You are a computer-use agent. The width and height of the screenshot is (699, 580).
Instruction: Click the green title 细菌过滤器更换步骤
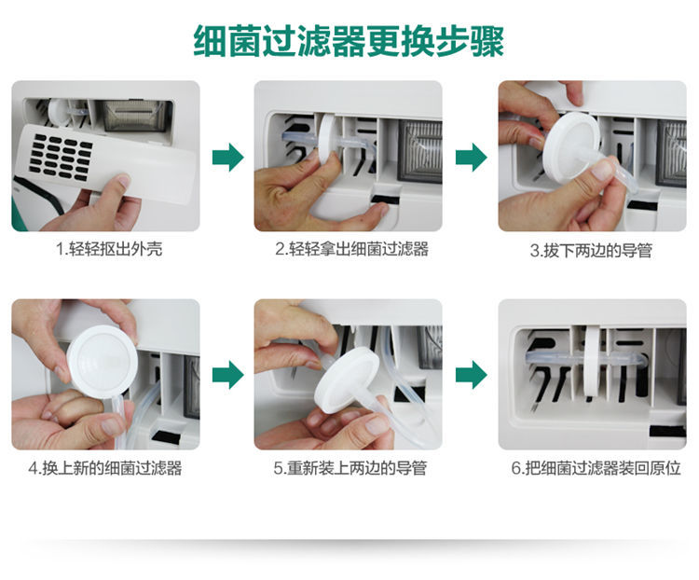coord(349,41)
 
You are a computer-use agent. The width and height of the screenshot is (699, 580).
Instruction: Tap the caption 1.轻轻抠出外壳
coord(109,249)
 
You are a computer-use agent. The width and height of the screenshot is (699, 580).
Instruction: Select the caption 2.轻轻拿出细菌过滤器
coord(351,249)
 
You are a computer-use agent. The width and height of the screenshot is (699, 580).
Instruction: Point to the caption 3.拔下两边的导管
coord(591,250)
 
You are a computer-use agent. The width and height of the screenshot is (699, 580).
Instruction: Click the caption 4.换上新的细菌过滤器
coord(105,468)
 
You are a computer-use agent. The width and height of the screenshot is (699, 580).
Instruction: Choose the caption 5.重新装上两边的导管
coord(350,468)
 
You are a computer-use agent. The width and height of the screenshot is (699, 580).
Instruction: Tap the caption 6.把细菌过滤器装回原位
coord(596,468)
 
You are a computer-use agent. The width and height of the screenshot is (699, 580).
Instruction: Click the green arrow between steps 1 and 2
coord(227,157)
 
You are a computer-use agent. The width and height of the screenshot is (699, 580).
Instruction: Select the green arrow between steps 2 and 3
coord(472,157)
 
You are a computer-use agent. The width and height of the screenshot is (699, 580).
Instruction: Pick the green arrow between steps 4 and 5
coord(227,375)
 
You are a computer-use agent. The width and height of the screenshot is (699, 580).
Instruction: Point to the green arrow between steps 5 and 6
coord(472,375)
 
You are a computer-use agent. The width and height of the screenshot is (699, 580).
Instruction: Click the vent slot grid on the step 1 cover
coord(62,156)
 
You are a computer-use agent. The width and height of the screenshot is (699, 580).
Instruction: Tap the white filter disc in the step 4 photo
coord(103,362)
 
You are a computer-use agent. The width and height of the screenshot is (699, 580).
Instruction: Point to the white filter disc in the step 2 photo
coord(329,139)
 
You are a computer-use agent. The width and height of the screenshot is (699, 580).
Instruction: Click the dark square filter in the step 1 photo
coord(134,115)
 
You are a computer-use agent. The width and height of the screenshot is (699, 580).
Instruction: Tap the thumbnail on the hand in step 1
coord(121,182)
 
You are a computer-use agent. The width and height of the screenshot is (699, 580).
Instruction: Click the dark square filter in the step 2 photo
coord(420,151)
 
